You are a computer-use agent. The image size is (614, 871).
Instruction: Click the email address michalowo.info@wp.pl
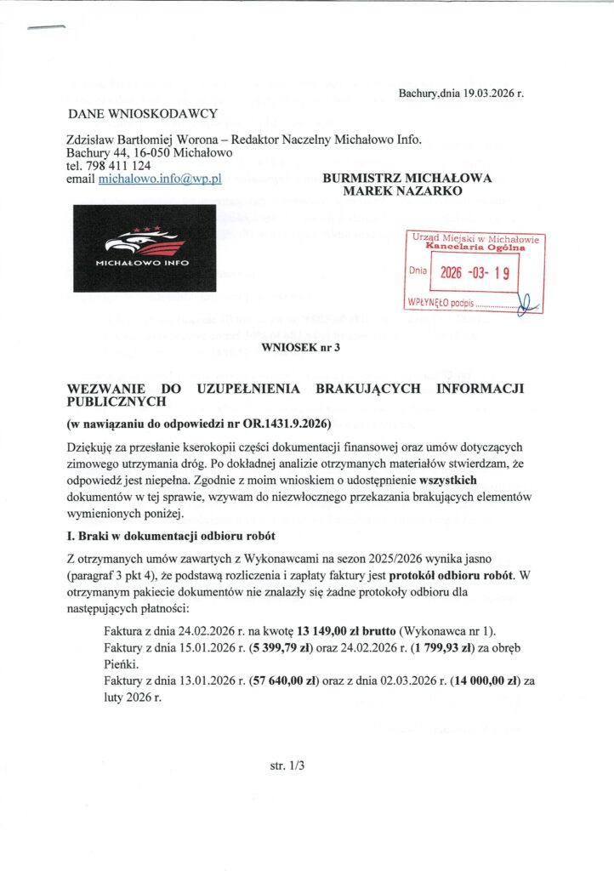[x=160, y=180]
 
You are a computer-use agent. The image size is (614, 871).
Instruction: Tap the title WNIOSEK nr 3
[x=303, y=346]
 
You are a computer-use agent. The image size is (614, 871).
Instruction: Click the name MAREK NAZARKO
[x=401, y=192]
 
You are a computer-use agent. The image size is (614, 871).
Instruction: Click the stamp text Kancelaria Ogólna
[x=476, y=248]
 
